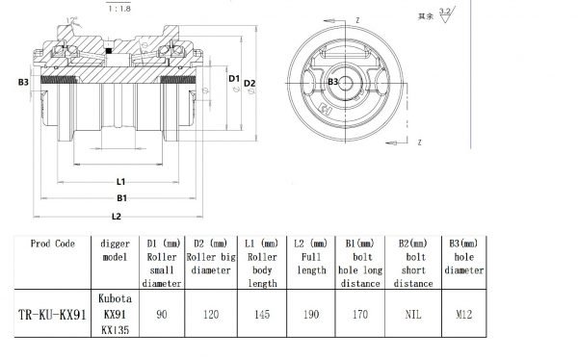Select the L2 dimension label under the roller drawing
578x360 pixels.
point(116,216)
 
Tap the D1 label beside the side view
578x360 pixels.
point(233,77)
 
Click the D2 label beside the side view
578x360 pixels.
point(250,84)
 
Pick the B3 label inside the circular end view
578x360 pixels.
point(333,83)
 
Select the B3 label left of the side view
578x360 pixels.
point(23,84)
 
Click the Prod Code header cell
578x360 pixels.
point(53,244)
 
